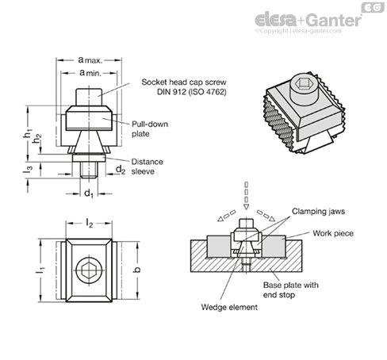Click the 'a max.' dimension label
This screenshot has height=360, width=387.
(90, 60)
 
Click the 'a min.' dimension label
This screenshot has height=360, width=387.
(90, 72)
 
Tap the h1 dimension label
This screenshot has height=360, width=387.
(27, 133)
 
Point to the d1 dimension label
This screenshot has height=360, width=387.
(89, 193)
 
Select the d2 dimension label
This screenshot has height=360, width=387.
(121, 170)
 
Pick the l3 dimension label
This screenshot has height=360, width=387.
(28, 170)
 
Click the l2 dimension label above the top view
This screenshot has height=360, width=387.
(90, 224)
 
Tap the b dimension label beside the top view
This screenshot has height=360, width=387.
(137, 270)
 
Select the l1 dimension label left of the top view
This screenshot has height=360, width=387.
(40, 270)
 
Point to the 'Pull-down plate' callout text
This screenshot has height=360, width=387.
(150, 129)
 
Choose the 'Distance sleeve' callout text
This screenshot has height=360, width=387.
(147, 167)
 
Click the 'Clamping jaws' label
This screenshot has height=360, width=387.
(318, 212)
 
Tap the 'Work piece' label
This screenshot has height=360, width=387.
(333, 233)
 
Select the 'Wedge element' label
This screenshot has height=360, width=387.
(229, 307)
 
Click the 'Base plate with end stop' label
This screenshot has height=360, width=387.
(291, 289)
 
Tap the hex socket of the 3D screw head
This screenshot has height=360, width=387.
(301, 84)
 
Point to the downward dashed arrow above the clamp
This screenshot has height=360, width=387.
(246, 196)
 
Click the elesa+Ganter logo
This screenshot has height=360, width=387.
(308, 20)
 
